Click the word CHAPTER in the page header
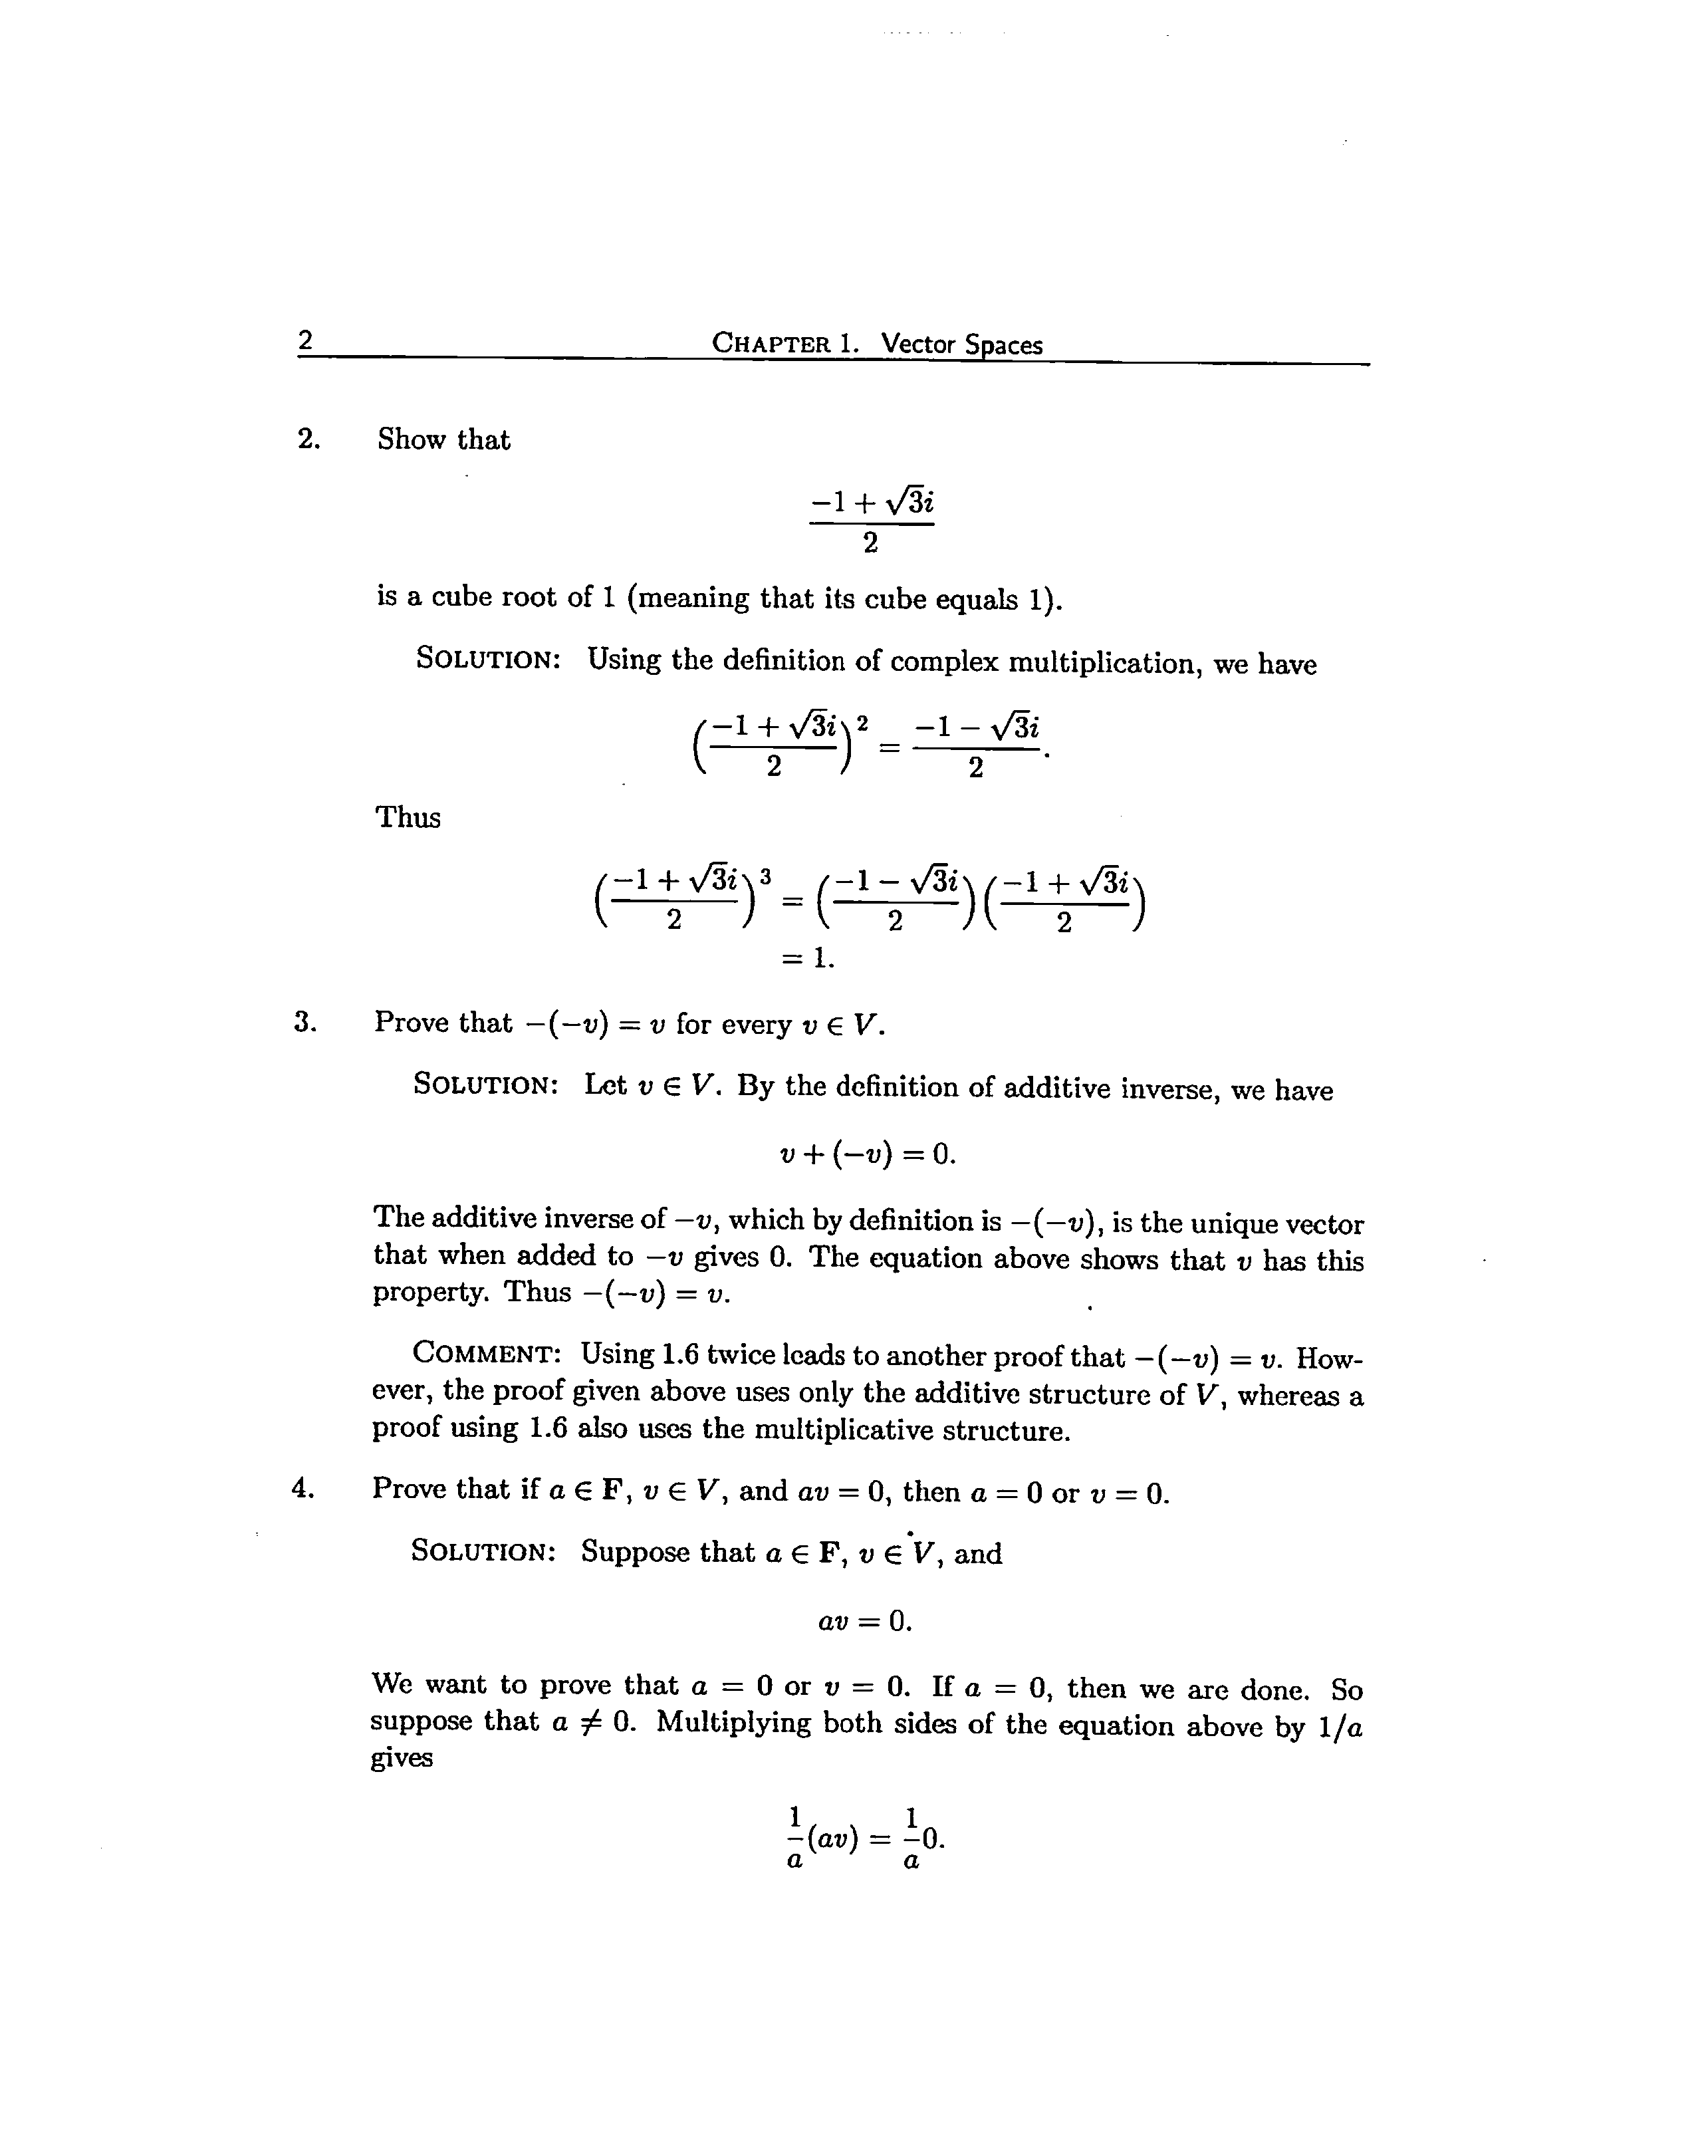click(x=773, y=344)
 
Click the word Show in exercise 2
click(x=412, y=440)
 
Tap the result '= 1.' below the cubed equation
click(x=808, y=957)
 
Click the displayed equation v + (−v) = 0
click(x=868, y=1154)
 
